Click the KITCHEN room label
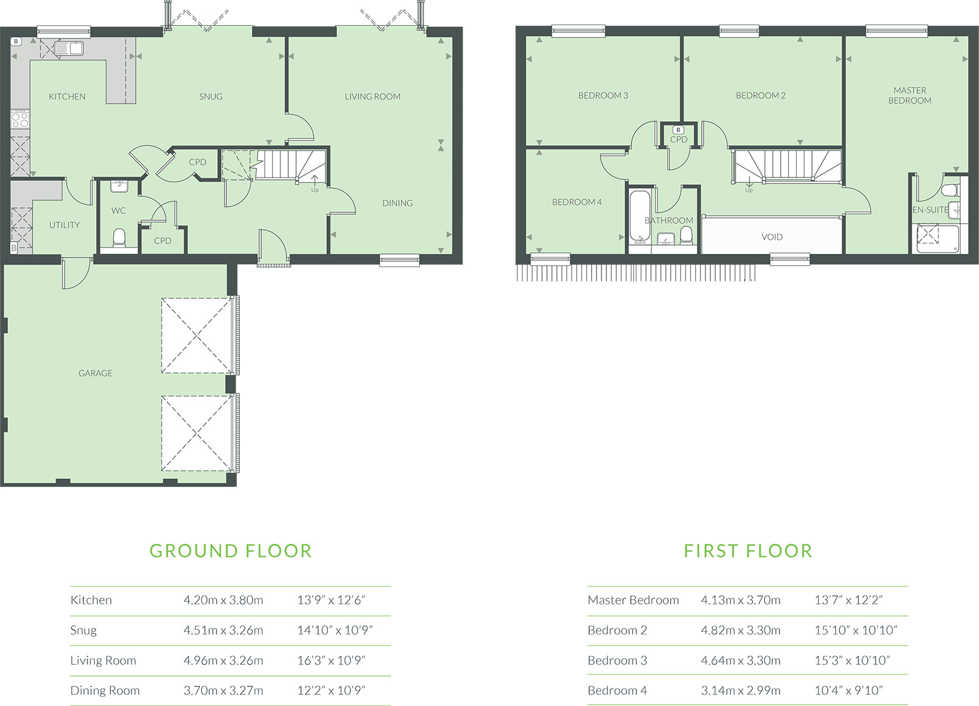[x=67, y=97]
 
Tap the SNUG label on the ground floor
[x=210, y=97]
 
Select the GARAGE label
[x=95, y=373]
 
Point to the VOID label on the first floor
[x=772, y=237]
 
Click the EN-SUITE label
[x=931, y=210]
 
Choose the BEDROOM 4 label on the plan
[x=577, y=202]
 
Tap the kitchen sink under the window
[x=69, y=48]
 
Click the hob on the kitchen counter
[x=20, y=119]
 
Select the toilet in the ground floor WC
[x=119, y=238]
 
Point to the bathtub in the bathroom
[x=640, y=217]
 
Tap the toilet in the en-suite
[x=951, y=190]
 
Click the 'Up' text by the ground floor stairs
[x=315, y=190]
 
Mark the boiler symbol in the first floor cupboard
[x=679, y=130]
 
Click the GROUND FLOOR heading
[x=231, y=551]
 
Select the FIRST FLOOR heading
[x=748, y=551]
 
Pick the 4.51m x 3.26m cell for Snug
[x=223, y=630]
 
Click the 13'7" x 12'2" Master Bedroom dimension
[x=849, y=600]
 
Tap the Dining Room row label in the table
[x=105, y=690]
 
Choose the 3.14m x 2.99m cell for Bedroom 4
[x=741, y=690]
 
